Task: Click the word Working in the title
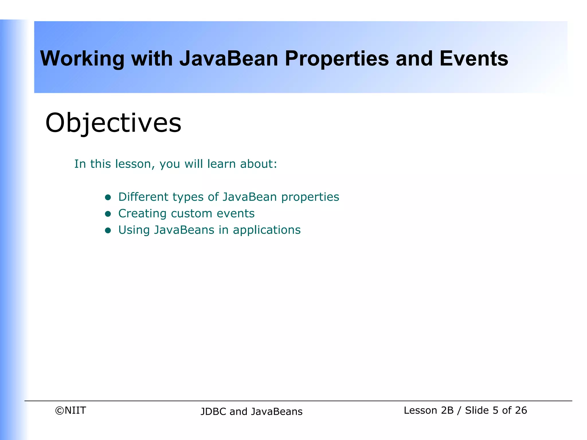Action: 82,59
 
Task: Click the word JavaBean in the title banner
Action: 229,59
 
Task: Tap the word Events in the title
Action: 474,59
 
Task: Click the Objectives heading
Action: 113,123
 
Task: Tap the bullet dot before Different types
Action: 108,197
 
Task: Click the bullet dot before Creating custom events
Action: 108,214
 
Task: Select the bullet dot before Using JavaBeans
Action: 108,230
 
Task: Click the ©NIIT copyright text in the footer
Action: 70,410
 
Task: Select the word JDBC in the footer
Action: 213,412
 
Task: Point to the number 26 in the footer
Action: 521,410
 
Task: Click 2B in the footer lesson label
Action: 447,410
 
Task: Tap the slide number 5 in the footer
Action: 496,410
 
